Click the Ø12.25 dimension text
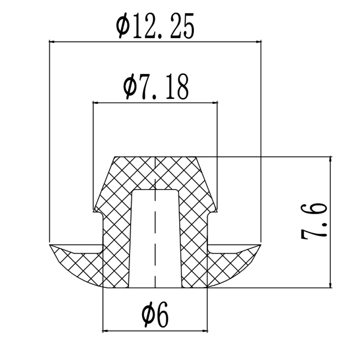tap(155, 26)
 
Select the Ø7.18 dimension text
tap(156, 87)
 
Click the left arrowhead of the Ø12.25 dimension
tap(51, 42)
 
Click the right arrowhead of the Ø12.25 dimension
tap(258, 42)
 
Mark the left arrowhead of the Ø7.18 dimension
tap(95, 103)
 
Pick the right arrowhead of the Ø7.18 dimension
tap(215, 103)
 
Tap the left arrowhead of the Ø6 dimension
tap(105, 330)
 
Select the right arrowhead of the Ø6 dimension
tap(205, 330)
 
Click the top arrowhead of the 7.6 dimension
tap(330, 159)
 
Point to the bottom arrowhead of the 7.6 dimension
tap(330, 285)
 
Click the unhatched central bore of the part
tap(155, 238)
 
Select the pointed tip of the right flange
tap(260, 245)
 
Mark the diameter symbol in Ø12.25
tap(123, 26)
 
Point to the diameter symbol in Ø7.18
tap(129, 87)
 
